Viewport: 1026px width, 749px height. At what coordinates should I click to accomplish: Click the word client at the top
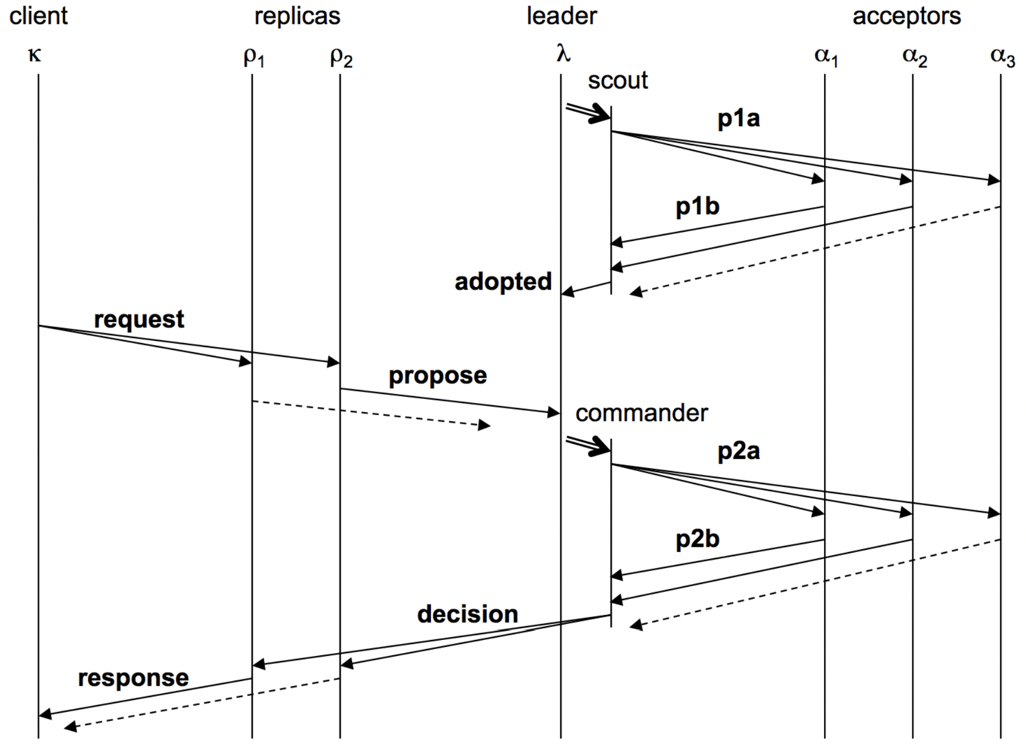(x=38, y=15)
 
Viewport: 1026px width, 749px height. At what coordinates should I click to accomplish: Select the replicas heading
(x=297, y=16)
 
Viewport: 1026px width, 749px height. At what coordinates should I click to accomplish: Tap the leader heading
(x=562, y=16)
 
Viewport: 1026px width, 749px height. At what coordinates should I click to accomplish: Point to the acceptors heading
(x=906, y=16)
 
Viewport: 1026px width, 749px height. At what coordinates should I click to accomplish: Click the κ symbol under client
(x=34, y=54)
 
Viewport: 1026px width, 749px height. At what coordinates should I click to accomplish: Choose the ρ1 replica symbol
(x=253, y=57)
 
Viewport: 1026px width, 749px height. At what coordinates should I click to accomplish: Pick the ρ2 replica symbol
(x=341, y=57)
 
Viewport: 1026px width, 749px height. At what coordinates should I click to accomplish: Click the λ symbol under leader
(x=563, y=54)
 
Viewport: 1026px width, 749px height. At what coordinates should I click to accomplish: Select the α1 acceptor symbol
(x=826, y=57)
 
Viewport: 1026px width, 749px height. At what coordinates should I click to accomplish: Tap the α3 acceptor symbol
(x=1002, y=57)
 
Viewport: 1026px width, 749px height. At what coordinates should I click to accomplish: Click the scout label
(x=617, y=80)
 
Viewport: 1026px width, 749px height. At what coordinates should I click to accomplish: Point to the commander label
(x=641, y=413)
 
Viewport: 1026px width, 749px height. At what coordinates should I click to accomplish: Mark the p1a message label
(x=738, y=118)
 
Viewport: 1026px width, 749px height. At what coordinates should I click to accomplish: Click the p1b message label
(x=697, y=206)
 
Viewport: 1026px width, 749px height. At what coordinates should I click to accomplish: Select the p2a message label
(x=738, y=451)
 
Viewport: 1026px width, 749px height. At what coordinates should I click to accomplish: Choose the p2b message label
(x=697, y=539)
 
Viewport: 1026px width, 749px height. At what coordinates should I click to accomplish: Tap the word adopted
(x=503, y=281)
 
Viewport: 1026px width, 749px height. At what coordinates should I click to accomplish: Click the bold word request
(x=139, y=319)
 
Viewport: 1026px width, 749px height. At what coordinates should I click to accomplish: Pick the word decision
(x=467, y=614)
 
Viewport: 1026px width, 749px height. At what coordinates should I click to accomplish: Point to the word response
(x=133, y=678)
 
